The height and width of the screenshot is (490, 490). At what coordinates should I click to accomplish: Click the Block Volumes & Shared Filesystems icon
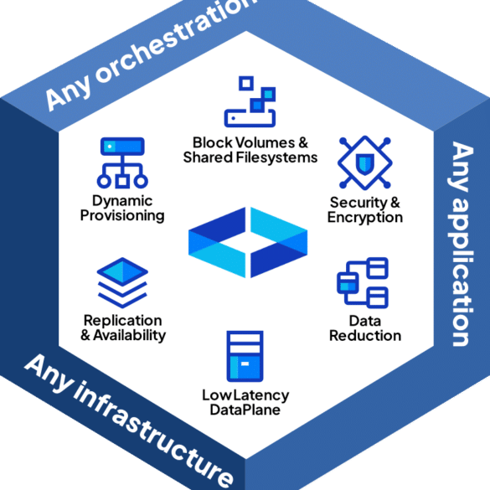[x=250, y=101]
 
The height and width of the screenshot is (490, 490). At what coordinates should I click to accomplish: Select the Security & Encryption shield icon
[x=365, y=162]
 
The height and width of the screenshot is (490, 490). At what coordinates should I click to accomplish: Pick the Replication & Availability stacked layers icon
[x=122, y=283]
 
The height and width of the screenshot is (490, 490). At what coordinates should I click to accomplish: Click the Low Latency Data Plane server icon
[x=245, y=356]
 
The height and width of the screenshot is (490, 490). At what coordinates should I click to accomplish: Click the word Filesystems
[x=276, y=157]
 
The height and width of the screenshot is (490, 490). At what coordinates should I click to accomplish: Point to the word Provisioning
[x=122, y=215]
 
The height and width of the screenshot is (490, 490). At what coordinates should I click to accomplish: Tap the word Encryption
[x=365, y=218]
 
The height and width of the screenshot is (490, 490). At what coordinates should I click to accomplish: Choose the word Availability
[x=129, y=335]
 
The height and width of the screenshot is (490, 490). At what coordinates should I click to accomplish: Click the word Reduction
[x=365, y=336]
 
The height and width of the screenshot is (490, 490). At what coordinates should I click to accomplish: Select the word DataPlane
[x=245, y=410]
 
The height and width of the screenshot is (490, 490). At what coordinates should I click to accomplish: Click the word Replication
[x=123, y=321]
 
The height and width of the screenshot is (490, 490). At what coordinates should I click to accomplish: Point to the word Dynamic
[x=122, y=201]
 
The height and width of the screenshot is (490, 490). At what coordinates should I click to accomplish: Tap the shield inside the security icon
[x=365, y=163]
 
